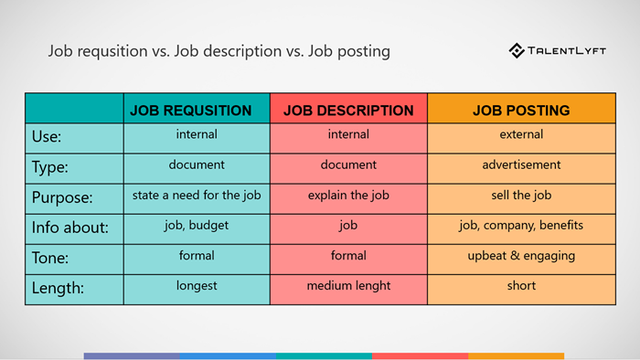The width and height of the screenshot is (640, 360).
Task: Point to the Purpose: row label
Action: coord(63,197)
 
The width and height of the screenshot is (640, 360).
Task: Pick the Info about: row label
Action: coord(69,228)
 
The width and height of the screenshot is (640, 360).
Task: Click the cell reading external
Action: coord(521,135)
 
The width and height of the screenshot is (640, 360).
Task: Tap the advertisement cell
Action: coord(521,165)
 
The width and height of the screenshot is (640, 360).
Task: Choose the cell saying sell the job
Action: coord(521,196)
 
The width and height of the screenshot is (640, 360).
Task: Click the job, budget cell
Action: coord(197,226)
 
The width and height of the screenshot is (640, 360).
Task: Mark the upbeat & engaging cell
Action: coord(521,256)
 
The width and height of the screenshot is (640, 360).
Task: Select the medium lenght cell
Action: coord(348,286)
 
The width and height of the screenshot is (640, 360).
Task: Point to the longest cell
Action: coord(197,286)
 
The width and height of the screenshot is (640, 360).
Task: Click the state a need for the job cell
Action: coord(197,196)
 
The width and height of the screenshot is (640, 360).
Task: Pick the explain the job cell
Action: coord(348,196)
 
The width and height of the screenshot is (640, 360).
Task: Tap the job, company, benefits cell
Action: coord(521,226)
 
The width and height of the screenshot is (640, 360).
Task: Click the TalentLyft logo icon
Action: coord(517,51)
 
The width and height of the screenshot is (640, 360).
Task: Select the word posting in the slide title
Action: coord(364,52)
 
